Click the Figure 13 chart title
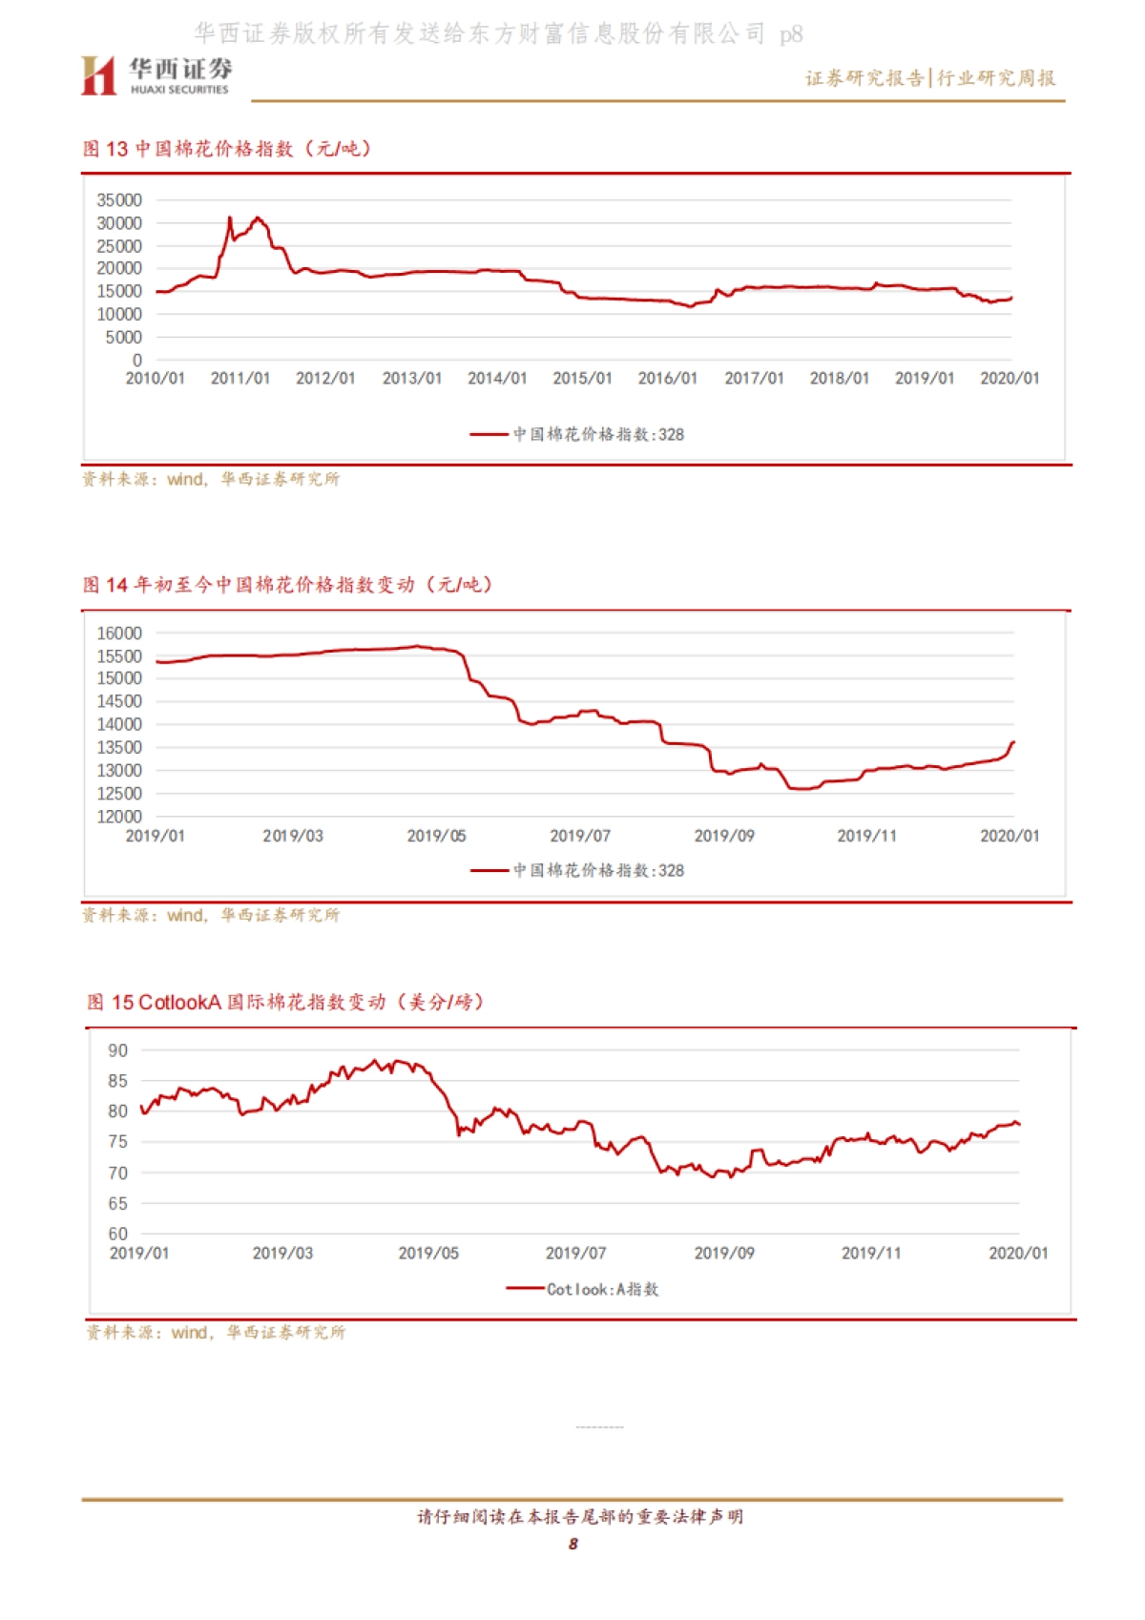pyautogui.click(x=227, y=149)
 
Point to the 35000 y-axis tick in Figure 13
pyautogui.click(x=119, y=200)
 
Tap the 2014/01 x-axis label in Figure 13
pyautogui.click(x=497, y=379)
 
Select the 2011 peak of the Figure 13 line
pyautogui.click(x=257, y=218)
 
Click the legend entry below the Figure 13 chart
pyautogui.click(x=577, y=434)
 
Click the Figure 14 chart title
pyautogui.click(x=287, y=585)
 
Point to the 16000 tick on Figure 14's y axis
pyautogui.click(x=119, y=633)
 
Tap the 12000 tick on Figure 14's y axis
pyautogui.click(x=119, y=817)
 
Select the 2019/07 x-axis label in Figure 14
pyautogui.click(x=580, y=837)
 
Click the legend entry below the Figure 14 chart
pyautogui.click(x=577, y=870)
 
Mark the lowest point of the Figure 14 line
pyautogui.click(x=801, y=789)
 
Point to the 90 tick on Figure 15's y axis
pyautogui.click(x=118, y=1050)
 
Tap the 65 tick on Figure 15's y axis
pyautogui.click(x=118, y=1203)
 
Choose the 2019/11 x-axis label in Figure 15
pyautogui.click(x=871, y=1254)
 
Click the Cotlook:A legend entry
pyautogui.click(x=583, y=1289)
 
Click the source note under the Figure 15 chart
pyautogui.click(x=217, y=1332)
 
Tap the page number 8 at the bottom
pyautogui.click(x=573, y=1544)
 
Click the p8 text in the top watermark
pyautogui.click(x=791, y=35)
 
